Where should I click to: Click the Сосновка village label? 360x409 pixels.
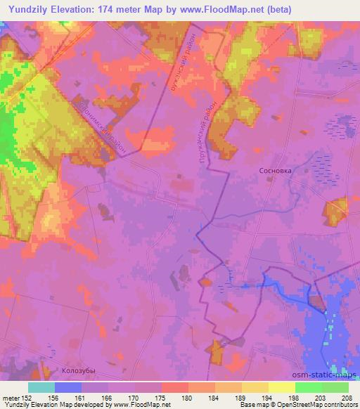point(274,170)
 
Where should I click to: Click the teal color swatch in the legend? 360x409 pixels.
point(41,387)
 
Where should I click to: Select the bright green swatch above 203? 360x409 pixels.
point(308,387)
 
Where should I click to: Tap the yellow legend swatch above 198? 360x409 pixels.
point(281,387)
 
